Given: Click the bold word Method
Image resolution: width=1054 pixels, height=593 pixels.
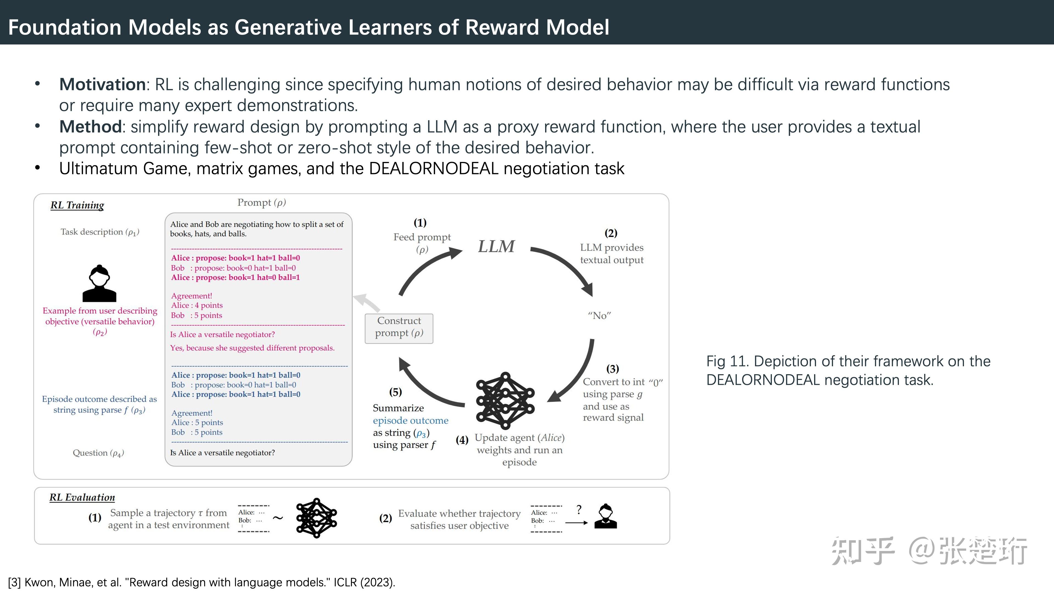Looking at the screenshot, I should click(90, 127).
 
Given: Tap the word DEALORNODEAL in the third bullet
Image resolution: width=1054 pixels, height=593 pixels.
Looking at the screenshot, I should click(434, 169).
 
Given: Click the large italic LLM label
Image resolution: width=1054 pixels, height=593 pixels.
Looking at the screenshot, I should click(496, 246).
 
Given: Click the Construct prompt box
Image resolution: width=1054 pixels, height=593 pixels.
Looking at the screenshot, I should click(399, 327).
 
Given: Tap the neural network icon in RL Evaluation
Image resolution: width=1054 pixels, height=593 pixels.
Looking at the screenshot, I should click(316, 518).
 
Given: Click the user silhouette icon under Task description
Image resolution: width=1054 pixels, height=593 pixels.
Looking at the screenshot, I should click(99, 283).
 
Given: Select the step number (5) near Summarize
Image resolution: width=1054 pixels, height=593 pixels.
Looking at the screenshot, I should click(395, 392).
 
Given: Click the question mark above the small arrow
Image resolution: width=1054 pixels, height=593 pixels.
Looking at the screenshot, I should click(579, 510).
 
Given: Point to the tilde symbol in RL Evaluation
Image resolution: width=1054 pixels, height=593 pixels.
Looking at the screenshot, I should click(278, 518).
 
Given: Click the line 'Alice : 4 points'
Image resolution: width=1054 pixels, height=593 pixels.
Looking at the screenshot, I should click(197, 305).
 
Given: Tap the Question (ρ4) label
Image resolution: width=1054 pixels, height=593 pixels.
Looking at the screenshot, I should click(98, 453).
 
